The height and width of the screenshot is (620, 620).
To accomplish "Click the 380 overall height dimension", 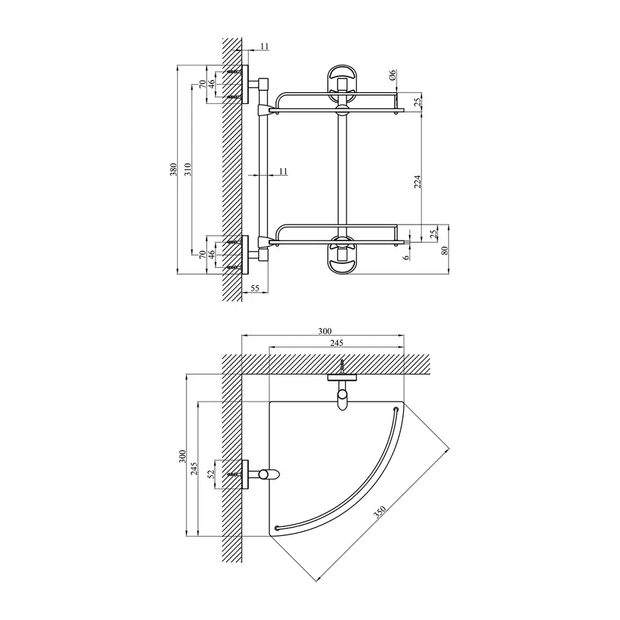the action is point(174,169).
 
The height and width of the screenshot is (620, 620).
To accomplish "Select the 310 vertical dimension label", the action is point(187,169).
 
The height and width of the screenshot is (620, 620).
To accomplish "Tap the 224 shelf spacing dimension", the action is point(417,181).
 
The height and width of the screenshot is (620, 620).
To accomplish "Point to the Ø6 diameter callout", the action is point(392,74).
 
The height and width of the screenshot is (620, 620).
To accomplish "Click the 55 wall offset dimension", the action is point(255,288).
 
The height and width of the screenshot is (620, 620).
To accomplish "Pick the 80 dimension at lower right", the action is point(445,250).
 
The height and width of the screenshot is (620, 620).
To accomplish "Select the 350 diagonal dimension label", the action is point(379,512).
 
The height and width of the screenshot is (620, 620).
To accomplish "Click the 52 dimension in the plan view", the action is point(211,474).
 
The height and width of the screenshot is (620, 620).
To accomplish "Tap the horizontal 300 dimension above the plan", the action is point(325,331).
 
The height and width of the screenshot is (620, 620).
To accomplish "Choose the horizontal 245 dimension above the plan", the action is point(337,343).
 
